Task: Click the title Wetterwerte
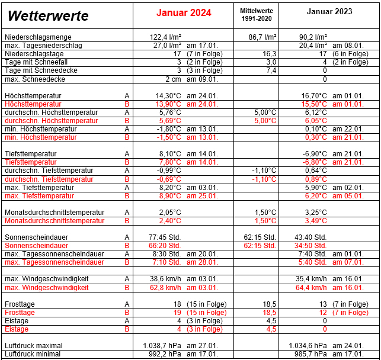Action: tap(49, 16)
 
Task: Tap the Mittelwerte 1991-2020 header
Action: tap(257, 15)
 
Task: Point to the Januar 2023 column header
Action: tap(329, 12)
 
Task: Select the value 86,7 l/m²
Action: tap(262, 37)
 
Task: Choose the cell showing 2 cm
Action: tap(173, 79)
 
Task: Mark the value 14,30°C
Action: tap(169, 95)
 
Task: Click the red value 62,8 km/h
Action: tap(165, 288)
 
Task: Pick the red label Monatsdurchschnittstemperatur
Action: tap(55, 221)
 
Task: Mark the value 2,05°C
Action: tap(169, 212)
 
